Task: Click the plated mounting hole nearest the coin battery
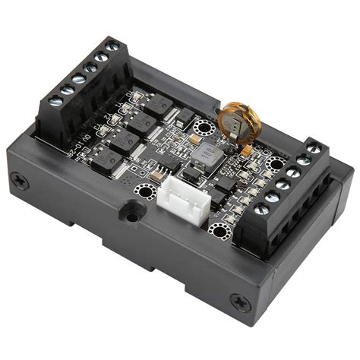click(x=203, y=126)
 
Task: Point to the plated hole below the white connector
click(x=219, y=231)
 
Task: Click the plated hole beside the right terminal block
click(x=274, y=163)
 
